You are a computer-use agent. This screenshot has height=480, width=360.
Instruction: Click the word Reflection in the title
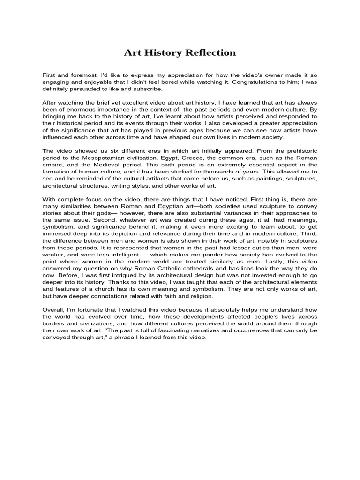(x=210, y=52)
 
